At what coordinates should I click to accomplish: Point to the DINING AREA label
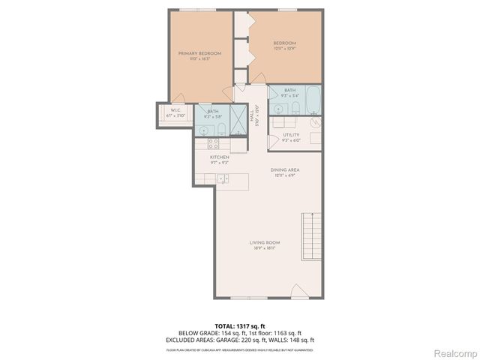coord(285,170)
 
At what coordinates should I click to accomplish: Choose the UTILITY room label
coord(291,136)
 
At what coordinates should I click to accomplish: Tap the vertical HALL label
coord(256,117)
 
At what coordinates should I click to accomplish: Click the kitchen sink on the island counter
coord(223,178)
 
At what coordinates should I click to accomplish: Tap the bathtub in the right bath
coord(314,99)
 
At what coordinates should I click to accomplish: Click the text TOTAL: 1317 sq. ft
coord(239,325)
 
